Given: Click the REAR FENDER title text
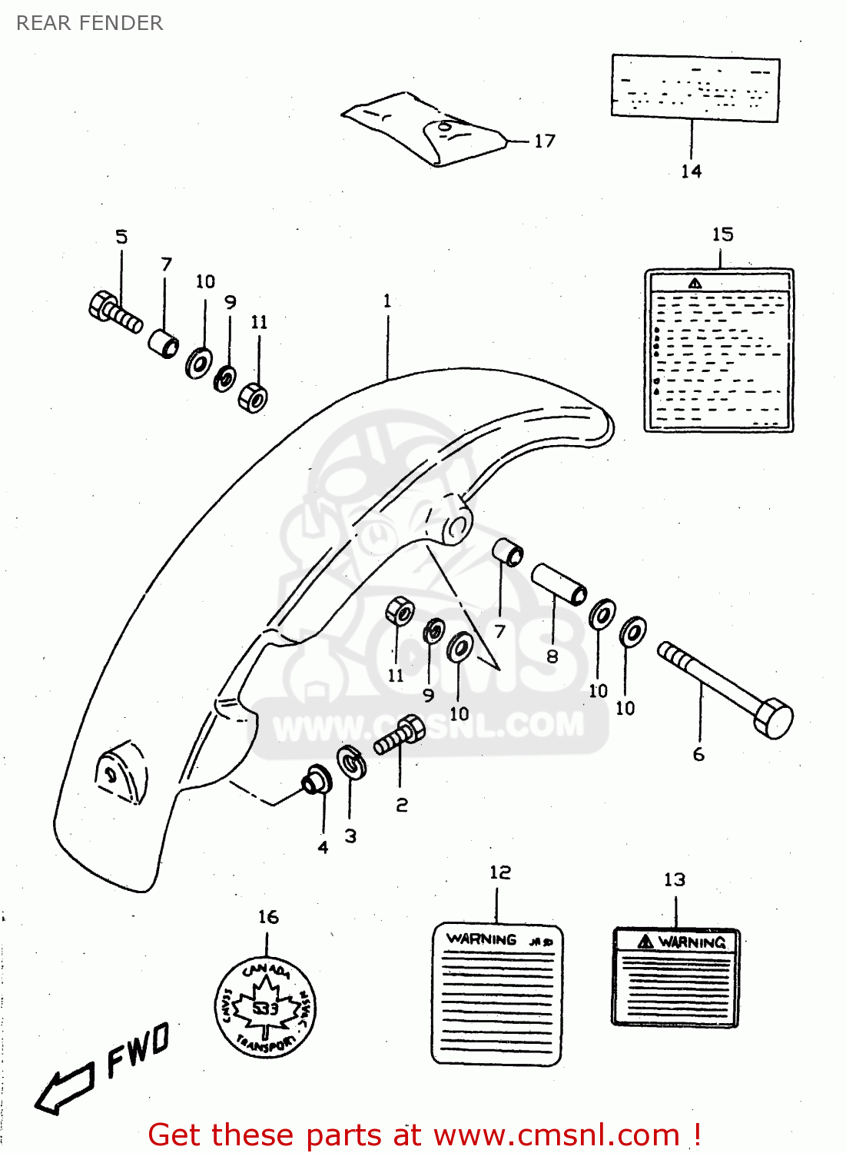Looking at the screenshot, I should (89, 23).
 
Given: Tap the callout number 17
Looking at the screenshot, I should (544, 141).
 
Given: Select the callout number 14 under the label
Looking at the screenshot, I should (691, 171).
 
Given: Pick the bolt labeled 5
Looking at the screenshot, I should (114, 312).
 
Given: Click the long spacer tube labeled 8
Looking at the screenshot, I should (559, 584).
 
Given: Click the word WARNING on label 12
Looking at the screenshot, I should (482, 939).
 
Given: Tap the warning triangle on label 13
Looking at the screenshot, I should (645, 942).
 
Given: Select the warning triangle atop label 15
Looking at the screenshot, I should (695, 284).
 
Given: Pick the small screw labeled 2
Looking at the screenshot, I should (400, 736).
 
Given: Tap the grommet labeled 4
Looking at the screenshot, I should (315, 779).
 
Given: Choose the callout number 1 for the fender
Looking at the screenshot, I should (387, 301).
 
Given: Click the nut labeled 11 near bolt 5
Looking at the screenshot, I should (253, 397).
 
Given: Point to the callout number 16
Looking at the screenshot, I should (268, 917).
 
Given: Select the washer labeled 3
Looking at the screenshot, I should (352, 763).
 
